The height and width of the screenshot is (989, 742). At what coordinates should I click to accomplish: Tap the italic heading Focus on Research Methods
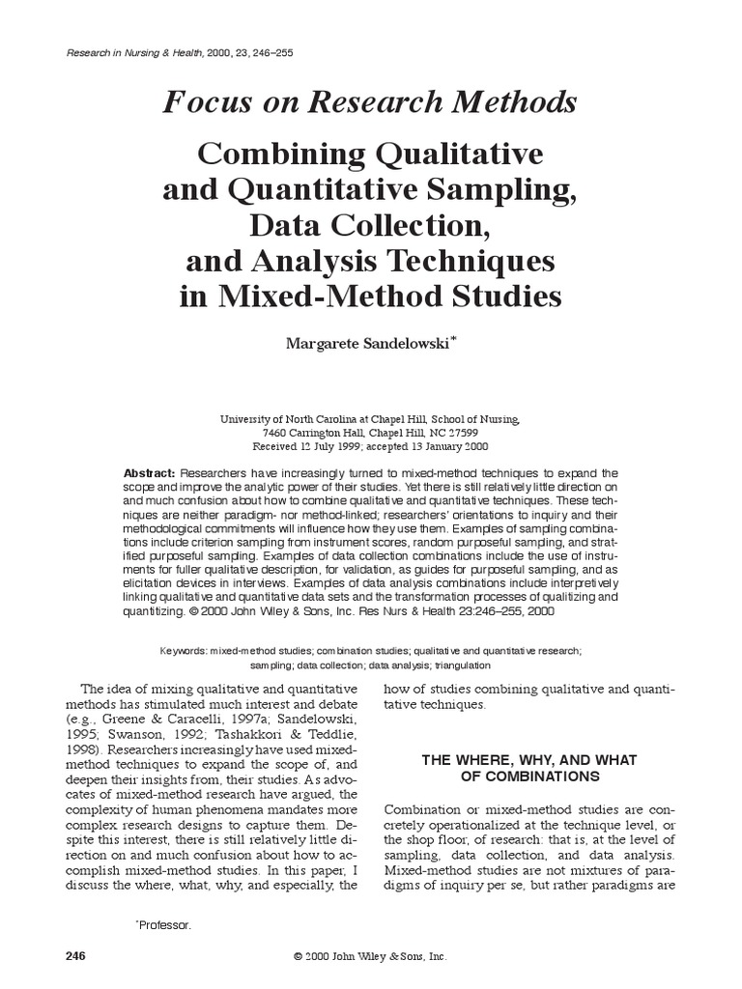370,101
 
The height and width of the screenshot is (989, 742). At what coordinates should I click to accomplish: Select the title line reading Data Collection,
370,226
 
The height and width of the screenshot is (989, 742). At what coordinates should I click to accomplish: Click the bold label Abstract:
149,473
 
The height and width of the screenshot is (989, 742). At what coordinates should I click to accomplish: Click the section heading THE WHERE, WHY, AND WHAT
528,760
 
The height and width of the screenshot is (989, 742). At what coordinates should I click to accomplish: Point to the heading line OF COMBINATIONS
528,777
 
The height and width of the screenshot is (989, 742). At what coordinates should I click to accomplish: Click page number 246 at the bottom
74,956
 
